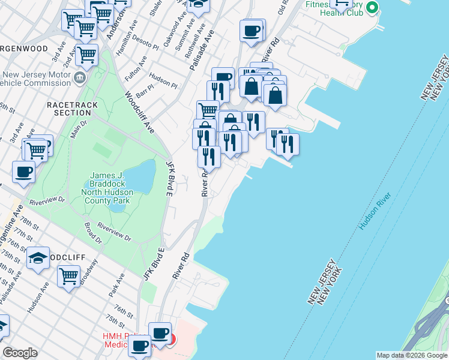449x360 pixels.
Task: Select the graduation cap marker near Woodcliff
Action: (38, 258)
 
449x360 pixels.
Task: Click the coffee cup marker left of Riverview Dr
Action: (23, 172)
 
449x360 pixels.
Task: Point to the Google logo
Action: (19, 353)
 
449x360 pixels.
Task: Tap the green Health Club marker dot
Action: (372, 8)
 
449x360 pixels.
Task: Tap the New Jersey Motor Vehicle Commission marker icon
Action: (79, 78)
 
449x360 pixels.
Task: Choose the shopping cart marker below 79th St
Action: (69, 276)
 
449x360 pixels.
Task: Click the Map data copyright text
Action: (411, 355)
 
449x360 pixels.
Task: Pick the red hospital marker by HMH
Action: (172, 340)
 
